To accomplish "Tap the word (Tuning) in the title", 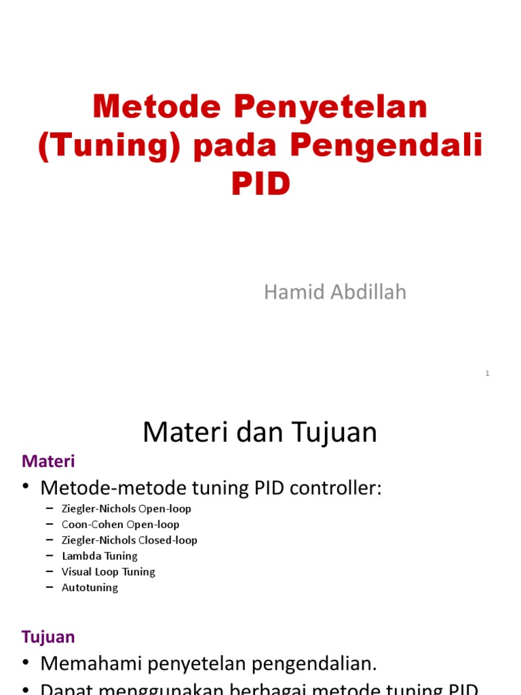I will [110, 146].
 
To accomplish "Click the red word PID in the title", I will [260, 184].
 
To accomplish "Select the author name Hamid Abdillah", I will [335, 292].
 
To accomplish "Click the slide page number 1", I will [487, 373].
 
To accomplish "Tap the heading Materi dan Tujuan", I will [260, 432].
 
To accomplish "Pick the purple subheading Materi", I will [48, 462].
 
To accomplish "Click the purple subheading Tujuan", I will [48, 637].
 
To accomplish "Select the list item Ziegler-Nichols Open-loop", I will [126, 509].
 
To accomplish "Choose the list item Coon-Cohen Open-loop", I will [120, 525].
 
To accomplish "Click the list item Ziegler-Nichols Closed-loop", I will [129, 540].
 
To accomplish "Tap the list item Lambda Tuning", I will [99, 556].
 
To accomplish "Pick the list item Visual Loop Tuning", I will [108, 571].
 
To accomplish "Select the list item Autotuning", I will [90, 588].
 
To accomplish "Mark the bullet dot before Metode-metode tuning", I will [26, 487].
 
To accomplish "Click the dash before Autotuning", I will [50, 588].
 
